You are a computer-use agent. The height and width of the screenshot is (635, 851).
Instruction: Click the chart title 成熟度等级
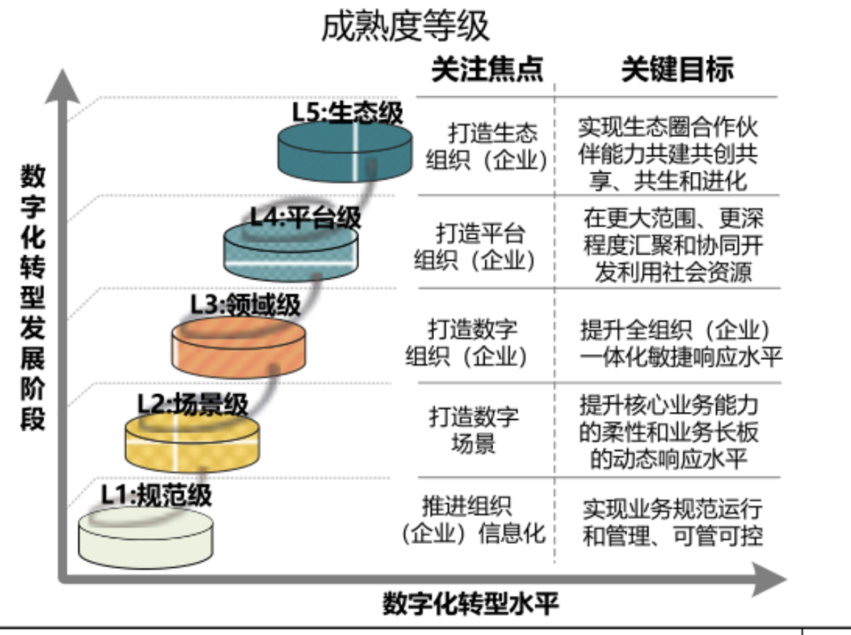(405, 27)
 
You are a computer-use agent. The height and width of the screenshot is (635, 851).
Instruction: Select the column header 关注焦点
(487, 69)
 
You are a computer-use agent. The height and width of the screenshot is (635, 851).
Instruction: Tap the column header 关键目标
(677, 69)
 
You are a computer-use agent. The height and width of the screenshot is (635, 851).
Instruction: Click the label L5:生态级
(347, 112)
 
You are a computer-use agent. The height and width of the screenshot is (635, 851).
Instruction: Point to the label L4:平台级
(306, 217)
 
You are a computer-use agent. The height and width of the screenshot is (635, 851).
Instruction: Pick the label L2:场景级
(192, 404)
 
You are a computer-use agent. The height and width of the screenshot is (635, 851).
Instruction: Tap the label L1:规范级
(156, 495)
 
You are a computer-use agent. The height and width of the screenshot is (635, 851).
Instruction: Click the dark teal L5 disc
(345, 153)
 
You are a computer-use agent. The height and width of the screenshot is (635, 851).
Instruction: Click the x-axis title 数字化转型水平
(470, 604)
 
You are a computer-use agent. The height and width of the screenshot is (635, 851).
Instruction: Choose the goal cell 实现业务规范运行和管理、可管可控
(672, 522)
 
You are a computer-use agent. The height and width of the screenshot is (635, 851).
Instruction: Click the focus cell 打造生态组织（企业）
(486, 146)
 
